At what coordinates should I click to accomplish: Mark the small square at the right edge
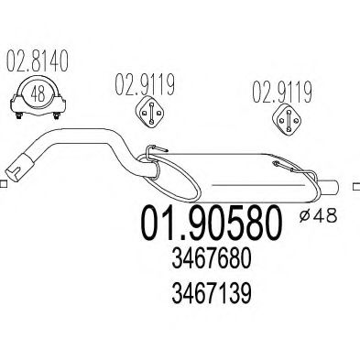(355, 186)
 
